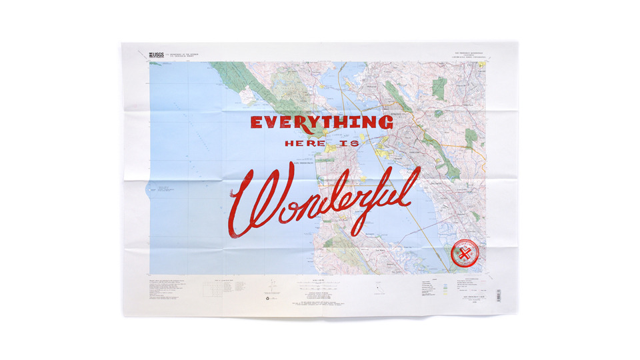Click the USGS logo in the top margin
156,55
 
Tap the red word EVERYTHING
321,123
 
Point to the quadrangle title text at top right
471,56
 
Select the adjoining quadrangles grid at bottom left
213,287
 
